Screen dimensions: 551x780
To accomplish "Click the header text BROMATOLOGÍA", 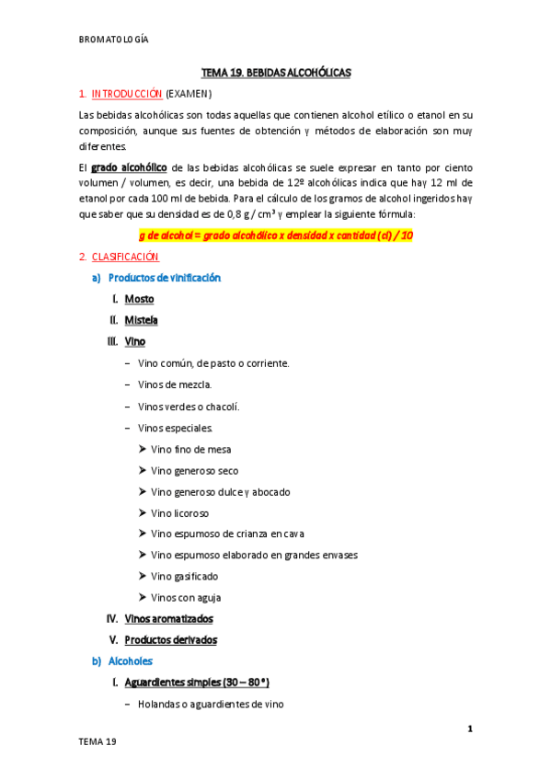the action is click(114, 40).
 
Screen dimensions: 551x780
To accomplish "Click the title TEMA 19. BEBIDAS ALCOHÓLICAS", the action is click(276, 72).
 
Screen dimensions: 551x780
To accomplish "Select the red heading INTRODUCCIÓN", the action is click(127, 94).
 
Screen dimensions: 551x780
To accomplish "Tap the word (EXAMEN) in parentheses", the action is click(189, 94).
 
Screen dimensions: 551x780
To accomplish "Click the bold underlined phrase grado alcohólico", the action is click(129, 167).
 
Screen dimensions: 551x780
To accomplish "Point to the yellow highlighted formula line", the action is click(276, 235).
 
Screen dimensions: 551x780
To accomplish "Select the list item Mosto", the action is click(140, 299).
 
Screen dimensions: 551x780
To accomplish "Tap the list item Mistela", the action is click(142, 320).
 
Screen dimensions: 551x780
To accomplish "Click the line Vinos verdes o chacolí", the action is click(189, 406).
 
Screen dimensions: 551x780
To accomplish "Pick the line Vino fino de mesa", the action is click(191, 449).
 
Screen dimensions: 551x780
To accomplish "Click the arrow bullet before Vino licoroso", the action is click(143, 512).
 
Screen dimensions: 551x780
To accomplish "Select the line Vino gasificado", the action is click(185, 576).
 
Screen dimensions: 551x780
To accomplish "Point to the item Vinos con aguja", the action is click(187, 597).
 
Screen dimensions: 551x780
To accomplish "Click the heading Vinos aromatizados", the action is click(168, 619).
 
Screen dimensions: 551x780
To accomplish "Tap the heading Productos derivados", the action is click(170, 640).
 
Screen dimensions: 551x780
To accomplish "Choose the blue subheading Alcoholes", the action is click(131, 661).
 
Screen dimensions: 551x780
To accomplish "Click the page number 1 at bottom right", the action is click(469, 729).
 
